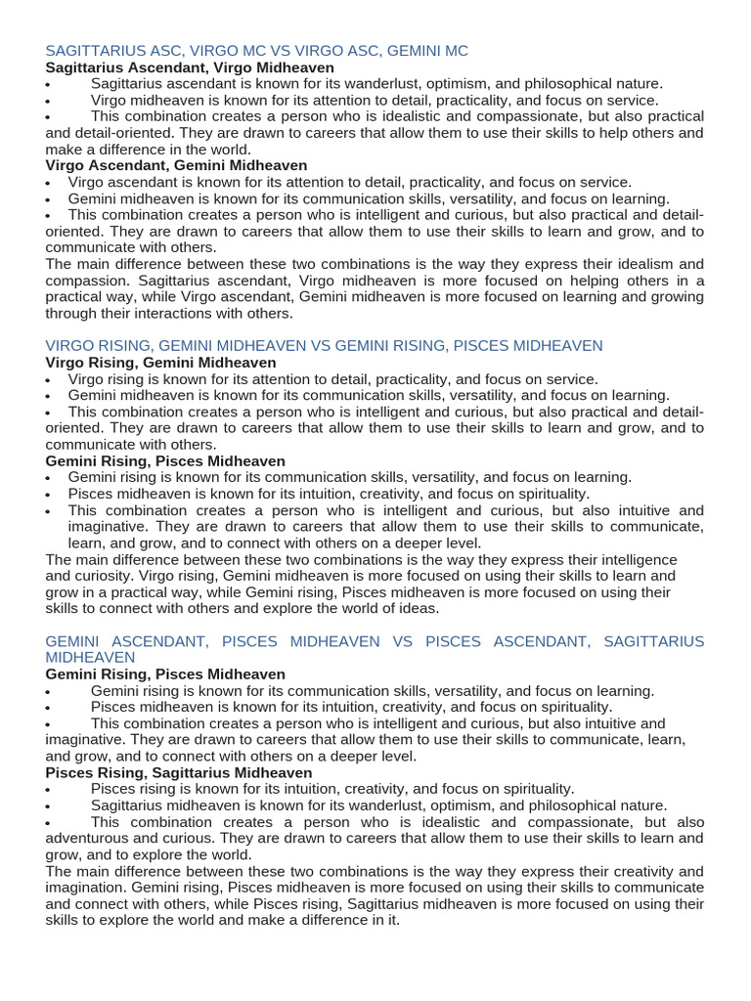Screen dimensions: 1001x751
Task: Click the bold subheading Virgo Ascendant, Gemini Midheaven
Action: pyautogui.click(x=176, y=166)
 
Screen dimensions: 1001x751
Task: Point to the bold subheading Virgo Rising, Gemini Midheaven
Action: pyautogui.click(x=160, y=363)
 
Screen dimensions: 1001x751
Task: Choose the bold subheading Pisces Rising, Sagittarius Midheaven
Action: pyautogui.click(x=179, y=772)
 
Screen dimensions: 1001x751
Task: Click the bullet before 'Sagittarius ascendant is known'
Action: pyautogui.click(x=48, y=85)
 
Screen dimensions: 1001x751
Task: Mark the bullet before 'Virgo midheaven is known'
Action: pyautogui.click(x=48, y=102)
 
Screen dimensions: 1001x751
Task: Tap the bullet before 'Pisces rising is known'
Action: pyautogui.click(x=48, y=790)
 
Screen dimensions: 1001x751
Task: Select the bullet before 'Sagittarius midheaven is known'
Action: pyautogui.click(x=48, y=806)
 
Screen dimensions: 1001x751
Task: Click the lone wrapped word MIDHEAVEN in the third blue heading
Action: pyautogui.click(x=90, y=658)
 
